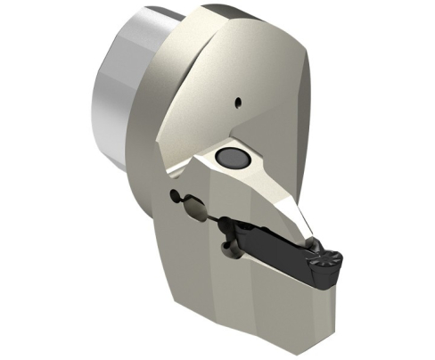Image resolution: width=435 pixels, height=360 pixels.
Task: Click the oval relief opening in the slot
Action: [193, 211]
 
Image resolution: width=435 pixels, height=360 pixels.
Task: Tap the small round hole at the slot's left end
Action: [171, 196]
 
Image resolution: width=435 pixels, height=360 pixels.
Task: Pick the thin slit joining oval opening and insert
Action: [213, 217]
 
